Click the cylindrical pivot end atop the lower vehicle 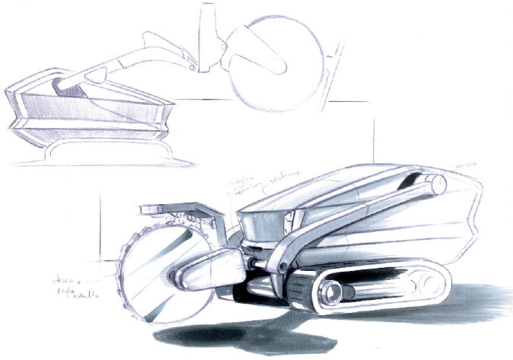point(432,183)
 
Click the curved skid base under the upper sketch point(99,156)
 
